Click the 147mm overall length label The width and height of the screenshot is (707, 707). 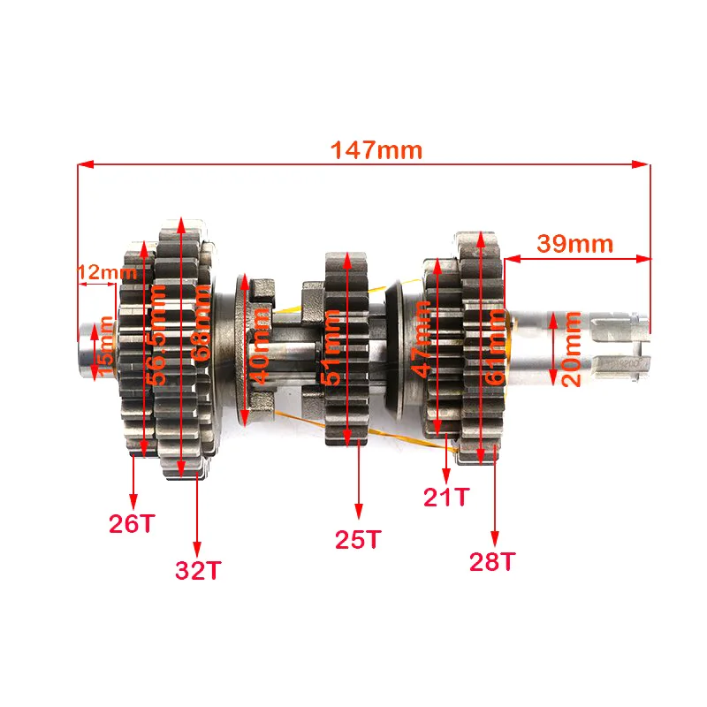(x=376, y=149)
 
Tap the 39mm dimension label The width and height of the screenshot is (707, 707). (x=574, y=243)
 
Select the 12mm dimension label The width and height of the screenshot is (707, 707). (x=101, y=273)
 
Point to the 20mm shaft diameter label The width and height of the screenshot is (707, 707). (x=573, y=348)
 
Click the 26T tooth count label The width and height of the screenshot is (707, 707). (x=131, y=523)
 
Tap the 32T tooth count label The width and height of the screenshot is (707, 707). (x=197, y=570)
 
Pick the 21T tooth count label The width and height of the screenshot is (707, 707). (x=446, y=497)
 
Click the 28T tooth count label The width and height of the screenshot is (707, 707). (x=494, y=561)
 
